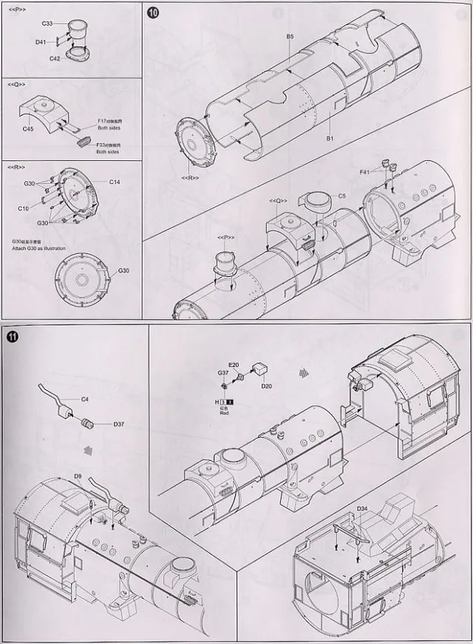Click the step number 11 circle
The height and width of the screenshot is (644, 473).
click(x=13, y=338)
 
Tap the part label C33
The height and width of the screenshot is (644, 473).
click(x=47, y=24)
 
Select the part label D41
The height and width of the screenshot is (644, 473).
click(x=41, y=43)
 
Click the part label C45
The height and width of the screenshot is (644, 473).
click(x=29, y=129)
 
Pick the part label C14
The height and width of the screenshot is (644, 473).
click(x=115, y=182)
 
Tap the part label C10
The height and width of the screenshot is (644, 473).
click(x=24, y=209)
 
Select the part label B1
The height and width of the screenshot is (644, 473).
click(x=331, y=138)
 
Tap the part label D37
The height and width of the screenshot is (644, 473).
click(x=118, y=424)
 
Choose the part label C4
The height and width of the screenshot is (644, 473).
click(x=84, y=400)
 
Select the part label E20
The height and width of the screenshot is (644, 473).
click(x=234, y=365)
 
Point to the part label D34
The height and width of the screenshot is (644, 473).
click(x=362, y=510)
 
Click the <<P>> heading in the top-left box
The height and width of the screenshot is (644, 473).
click(x=16, y=8)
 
